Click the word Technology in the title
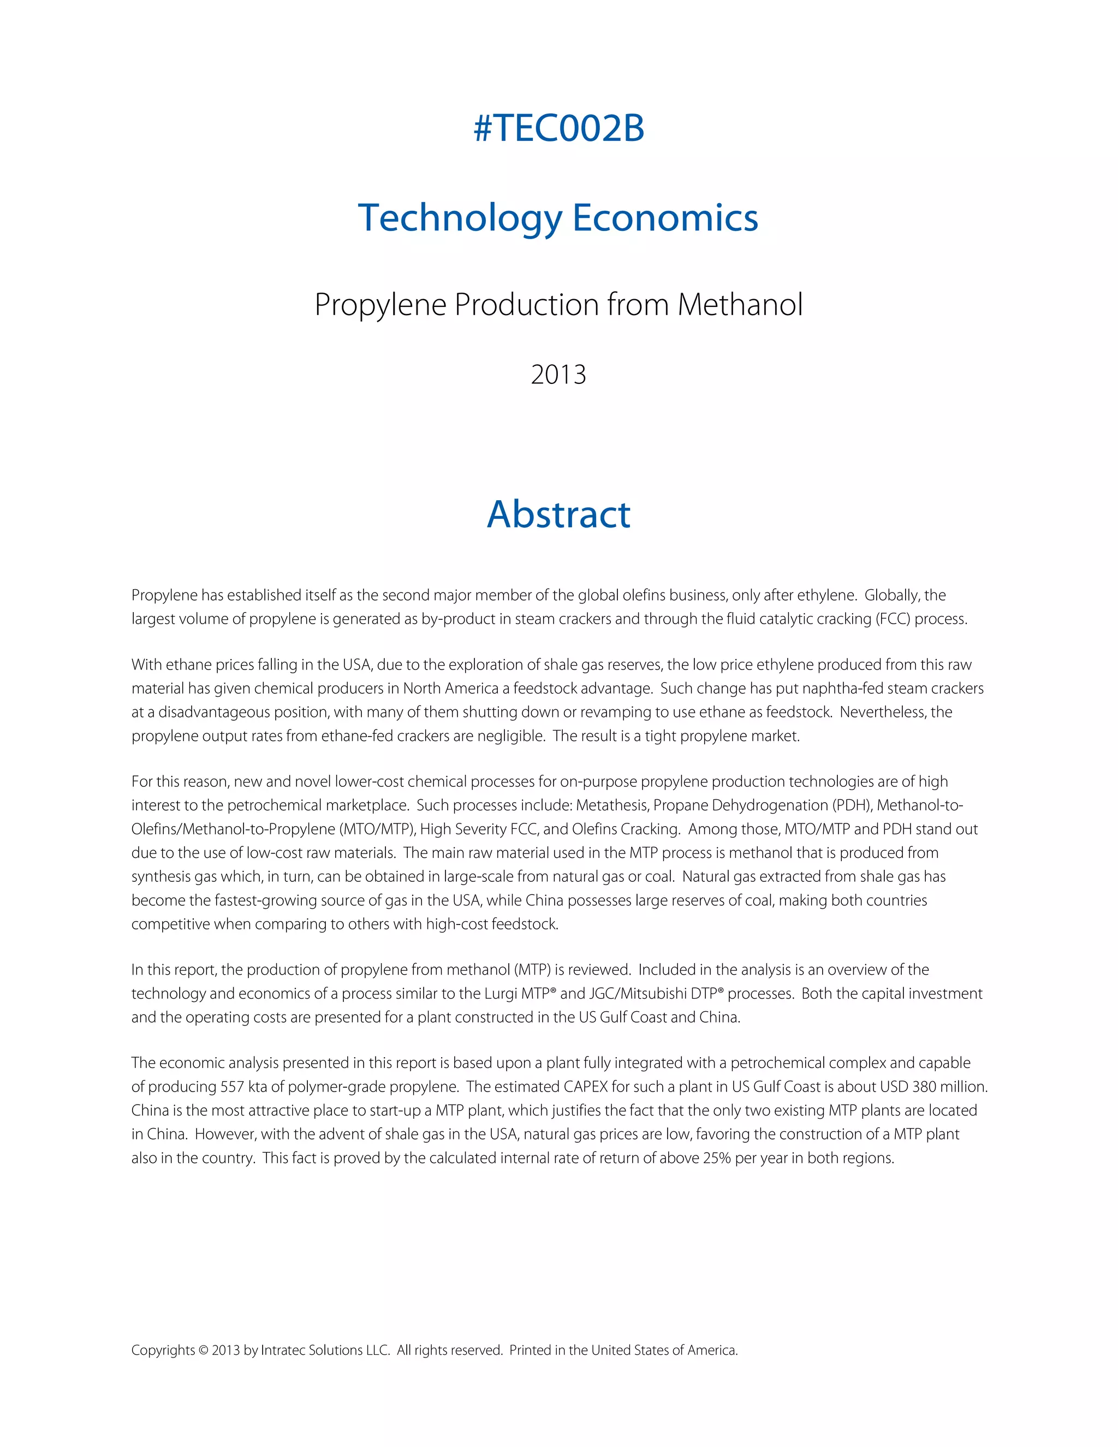click(x=460, y=218)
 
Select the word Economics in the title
click(x=665, y=218)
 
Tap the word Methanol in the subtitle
click(x=740, y=305)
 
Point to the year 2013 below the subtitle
click(x=558, y=375)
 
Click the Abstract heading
click(x=558, y=514)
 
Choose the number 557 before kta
click(x=232, y=1087)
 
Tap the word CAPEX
click(x=586, y=1087)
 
